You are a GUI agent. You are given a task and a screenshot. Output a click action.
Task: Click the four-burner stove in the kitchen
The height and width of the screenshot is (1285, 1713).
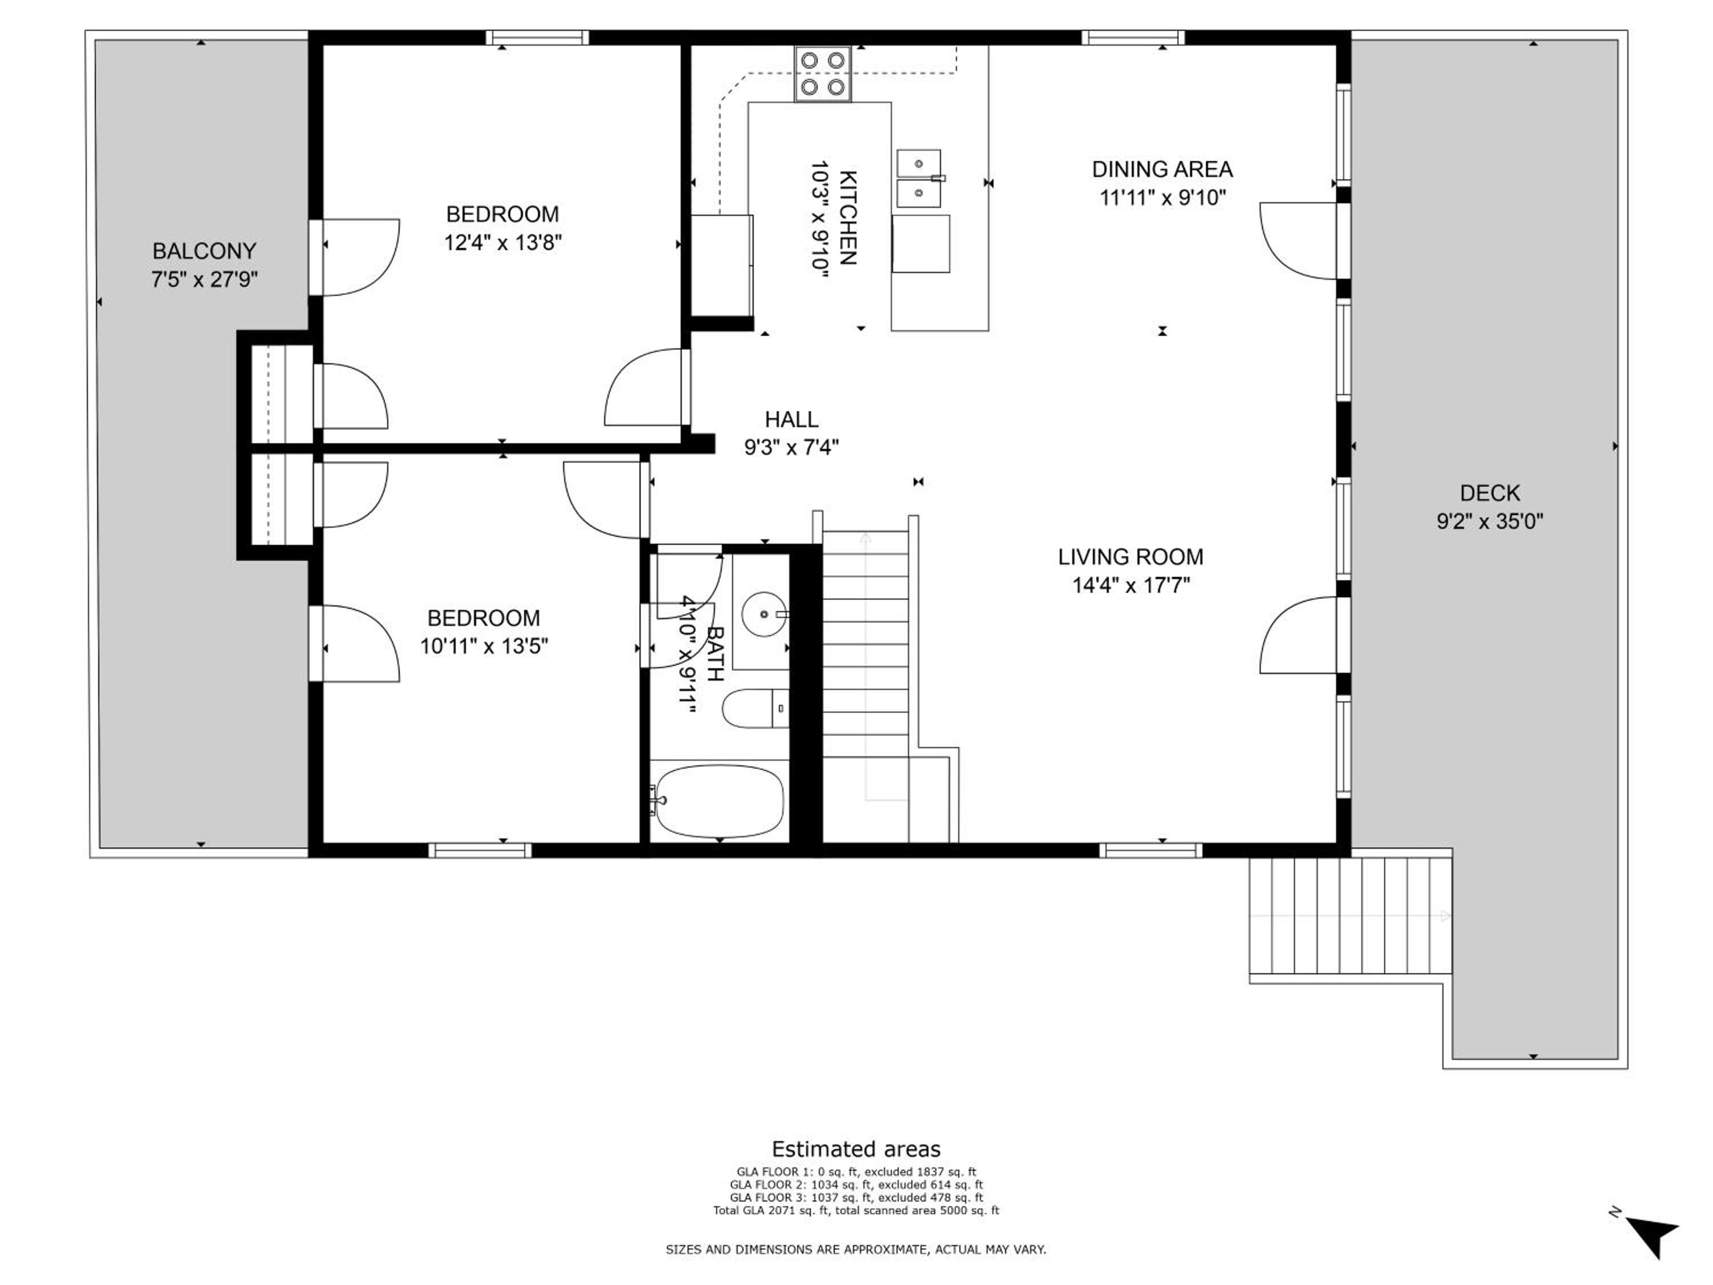point(822,74)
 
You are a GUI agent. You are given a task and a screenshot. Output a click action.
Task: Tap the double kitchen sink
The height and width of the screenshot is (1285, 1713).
point(919,179)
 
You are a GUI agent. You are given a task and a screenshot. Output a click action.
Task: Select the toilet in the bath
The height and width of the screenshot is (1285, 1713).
point(755,708)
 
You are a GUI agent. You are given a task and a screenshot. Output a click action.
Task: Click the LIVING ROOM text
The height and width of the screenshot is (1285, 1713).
point(1131,556)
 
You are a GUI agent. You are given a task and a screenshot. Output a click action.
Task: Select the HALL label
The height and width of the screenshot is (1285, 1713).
point(791,419)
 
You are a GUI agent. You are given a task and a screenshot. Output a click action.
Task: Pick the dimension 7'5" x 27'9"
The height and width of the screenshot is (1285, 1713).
point(204,279)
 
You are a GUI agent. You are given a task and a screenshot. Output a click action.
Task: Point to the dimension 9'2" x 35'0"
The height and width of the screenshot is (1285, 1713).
point(1490,520)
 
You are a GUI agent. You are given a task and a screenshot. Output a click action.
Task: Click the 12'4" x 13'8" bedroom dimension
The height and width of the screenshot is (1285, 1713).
point(502,243)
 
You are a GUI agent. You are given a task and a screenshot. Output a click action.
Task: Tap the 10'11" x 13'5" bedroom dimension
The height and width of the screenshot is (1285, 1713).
point(484,645)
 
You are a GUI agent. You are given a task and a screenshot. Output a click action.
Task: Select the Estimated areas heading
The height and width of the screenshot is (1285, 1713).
point(856,1149)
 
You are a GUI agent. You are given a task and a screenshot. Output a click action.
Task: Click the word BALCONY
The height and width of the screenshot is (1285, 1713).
point(204,251)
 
